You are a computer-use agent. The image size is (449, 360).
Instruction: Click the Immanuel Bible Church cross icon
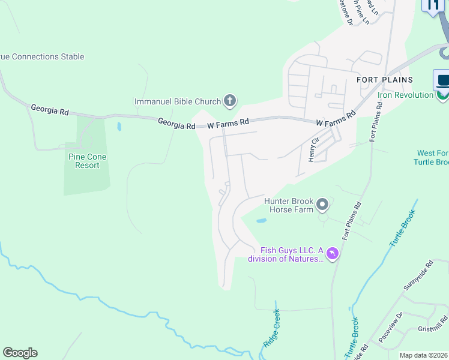click(229, 101)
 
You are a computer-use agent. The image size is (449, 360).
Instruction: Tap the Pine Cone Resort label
click(87, 161)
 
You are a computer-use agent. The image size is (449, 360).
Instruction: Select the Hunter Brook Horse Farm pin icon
click(322, 206)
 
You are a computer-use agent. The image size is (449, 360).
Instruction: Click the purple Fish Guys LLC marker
click(333, 254)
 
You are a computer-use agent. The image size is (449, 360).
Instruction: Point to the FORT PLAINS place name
click(385, 80)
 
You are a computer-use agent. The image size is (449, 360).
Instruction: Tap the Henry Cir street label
click(312, 148)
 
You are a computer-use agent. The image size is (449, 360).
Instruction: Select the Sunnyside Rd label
click(418, 275)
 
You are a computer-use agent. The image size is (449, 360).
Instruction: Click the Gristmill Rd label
click(432, 326)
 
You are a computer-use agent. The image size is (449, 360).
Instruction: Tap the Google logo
click(20, 353)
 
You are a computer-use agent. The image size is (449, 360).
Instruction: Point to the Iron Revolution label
click(405, 95)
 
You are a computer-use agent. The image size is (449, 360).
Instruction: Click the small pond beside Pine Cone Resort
click(119, 127)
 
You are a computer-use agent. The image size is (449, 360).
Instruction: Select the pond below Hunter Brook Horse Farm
click(261, 221)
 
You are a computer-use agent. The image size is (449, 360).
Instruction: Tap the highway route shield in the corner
click(432, 5)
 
